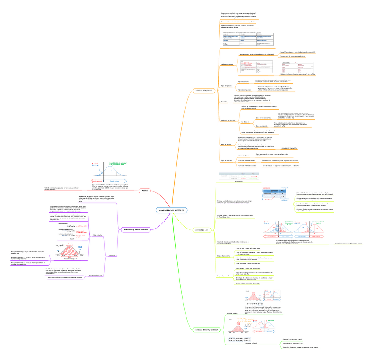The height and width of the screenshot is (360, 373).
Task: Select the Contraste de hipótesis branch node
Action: (203, 91)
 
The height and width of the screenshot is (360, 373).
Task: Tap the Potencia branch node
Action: (145, 190)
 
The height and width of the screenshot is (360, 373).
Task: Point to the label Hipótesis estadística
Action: (226, 64)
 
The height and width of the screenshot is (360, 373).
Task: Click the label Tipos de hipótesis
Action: (226, 86)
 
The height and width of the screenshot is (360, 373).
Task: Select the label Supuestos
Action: (224, 102)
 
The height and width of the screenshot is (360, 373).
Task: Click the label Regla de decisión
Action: (226, 144)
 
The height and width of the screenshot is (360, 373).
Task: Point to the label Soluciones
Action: (112, 255)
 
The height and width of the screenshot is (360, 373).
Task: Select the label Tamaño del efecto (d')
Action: (95, 275)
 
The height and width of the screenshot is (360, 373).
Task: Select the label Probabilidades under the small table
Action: (238, 182)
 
